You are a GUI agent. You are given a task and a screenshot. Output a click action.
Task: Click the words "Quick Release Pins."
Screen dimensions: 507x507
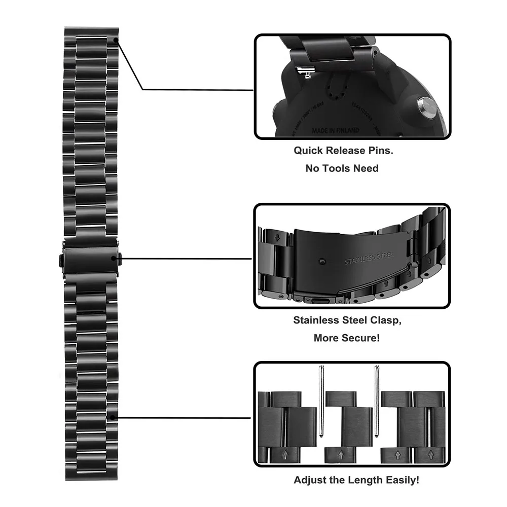click(343, 151)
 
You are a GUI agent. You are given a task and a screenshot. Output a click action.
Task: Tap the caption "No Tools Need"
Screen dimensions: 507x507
click(342, 168)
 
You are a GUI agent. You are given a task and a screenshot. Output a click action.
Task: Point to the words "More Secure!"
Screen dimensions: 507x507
click(347, 338)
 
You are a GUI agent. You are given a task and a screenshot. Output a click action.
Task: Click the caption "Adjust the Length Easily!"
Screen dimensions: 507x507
click(356, 480)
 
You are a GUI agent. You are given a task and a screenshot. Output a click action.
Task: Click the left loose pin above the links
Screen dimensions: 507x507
click(322, 401)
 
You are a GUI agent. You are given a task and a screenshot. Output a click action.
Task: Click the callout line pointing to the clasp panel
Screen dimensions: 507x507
click(188, 258)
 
